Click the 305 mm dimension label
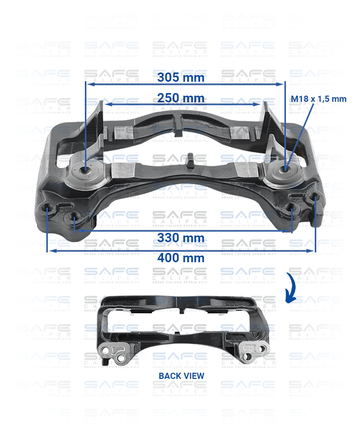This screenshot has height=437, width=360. point(181,78)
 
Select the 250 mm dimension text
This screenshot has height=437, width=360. point(181,98)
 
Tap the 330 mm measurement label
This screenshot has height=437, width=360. point(181,238)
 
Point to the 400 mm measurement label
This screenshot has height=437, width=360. point(181,258)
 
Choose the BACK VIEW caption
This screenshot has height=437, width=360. point(181,376)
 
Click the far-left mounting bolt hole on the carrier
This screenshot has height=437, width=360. point(48,209)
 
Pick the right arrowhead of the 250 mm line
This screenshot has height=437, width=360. point(258,104)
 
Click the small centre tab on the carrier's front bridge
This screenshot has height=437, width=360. point(189,159)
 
